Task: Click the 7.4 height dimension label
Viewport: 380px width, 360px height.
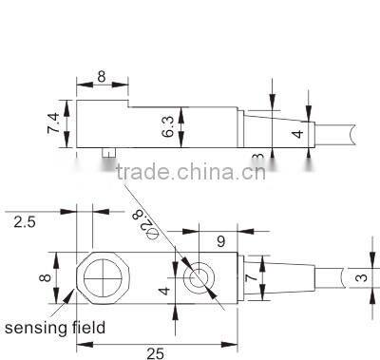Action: (53, 124)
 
